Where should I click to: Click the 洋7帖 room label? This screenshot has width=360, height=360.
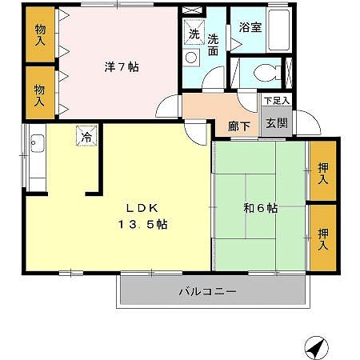(121, 67)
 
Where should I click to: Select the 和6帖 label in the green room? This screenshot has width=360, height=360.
(260, 208)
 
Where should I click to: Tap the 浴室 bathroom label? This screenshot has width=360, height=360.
(250, 27)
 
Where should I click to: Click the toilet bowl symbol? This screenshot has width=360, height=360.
(262, 74)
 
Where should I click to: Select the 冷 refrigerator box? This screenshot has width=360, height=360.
(86, 136)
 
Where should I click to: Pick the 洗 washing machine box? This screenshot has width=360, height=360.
(193, 34)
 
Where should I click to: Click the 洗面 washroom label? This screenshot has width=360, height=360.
(214, 44)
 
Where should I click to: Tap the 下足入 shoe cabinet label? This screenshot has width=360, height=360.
(277, 100)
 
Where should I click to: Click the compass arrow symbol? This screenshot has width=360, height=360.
(316, 348)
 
